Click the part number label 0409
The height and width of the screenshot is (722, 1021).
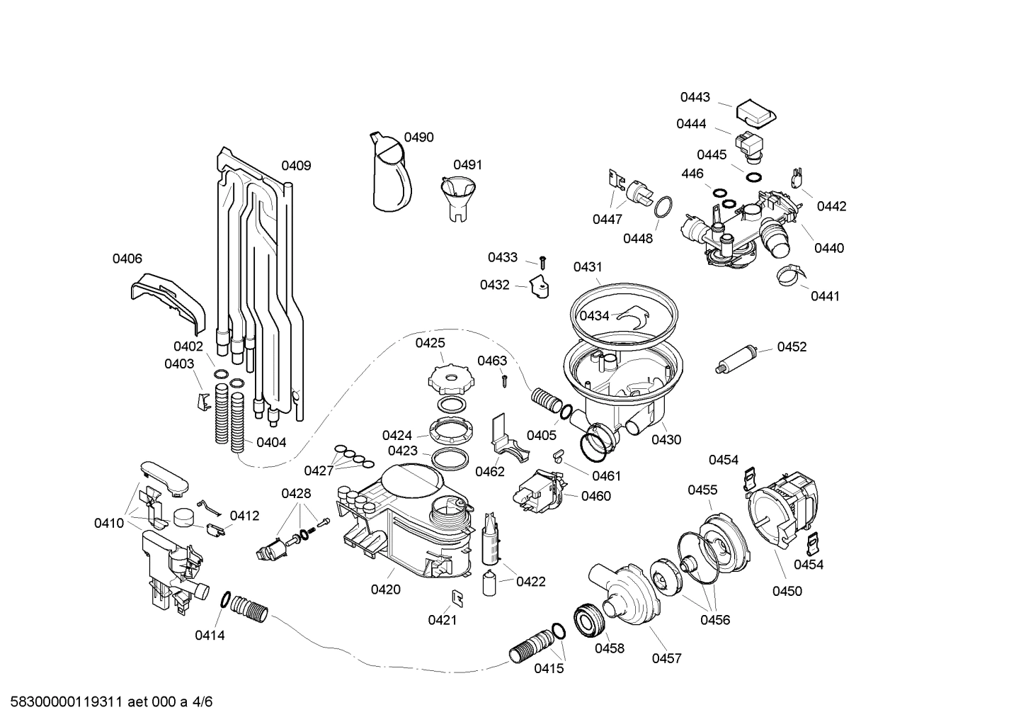click(296, 166)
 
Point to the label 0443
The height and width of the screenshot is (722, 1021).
click(695, 97)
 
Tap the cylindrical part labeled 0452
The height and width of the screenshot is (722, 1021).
click(737, 359)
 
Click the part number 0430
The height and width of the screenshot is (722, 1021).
click(666, 439)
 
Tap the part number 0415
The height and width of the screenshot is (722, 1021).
click(549, 668)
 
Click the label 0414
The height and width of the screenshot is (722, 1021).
click(210, 636)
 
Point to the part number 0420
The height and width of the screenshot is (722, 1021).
click(385, 589)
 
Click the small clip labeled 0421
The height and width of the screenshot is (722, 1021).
click(458, 597)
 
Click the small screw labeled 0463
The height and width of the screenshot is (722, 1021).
click(505, 380)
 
